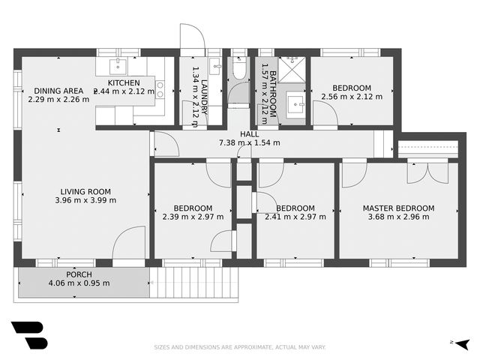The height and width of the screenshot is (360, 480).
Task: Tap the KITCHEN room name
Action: click(x=124, y=82)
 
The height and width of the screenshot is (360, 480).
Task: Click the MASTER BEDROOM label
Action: click(x=398, y=208)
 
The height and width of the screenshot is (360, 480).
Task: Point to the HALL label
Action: click(x=249, y=133)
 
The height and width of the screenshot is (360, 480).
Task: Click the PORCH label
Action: click(x=79, y=274)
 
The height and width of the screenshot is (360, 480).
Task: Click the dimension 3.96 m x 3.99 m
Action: click(x=85, y=200)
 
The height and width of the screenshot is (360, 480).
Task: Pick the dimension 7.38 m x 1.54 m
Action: click(x=249, y=142)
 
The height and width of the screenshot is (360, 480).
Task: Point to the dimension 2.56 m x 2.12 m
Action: click(x=352, y=96)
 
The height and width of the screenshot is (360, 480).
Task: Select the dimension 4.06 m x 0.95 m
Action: click(x=79, y=283)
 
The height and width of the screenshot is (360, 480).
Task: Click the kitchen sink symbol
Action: click(x=118, y=64)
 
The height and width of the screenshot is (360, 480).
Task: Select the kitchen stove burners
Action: click(x=160, y=89)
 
